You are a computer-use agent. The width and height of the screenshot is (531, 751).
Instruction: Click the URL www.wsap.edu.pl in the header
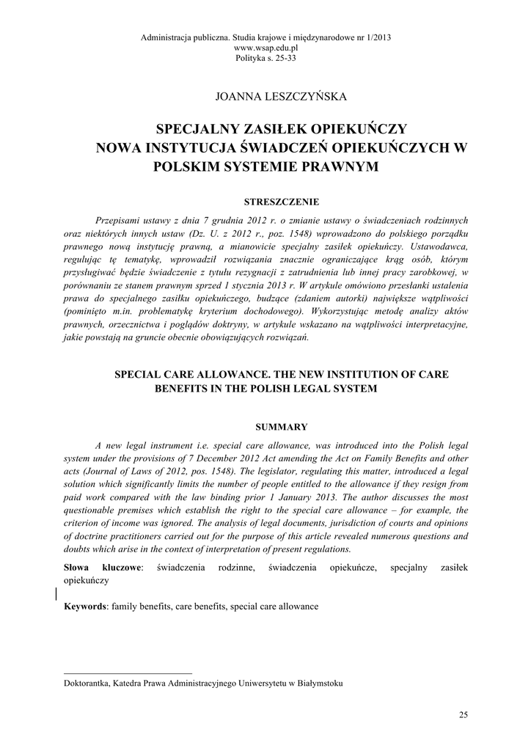(x=265, y=47)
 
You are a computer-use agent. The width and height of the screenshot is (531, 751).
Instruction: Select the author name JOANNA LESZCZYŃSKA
(x=265, y=95)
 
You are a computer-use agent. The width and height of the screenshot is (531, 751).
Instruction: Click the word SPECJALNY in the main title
(x=202, y=128)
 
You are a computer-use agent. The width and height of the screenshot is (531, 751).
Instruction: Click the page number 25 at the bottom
(x=462, y=714)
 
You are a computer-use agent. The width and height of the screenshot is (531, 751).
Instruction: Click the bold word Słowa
(x=78, y=567)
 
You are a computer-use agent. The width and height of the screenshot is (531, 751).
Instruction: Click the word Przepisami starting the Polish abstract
(x=121, y=220)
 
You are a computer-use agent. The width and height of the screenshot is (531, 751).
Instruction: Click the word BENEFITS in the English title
(x=184, y=389)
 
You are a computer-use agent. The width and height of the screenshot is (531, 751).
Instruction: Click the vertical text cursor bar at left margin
(x=57, y=593)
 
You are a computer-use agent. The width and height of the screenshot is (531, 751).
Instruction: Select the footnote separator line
(x=128, y=672)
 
